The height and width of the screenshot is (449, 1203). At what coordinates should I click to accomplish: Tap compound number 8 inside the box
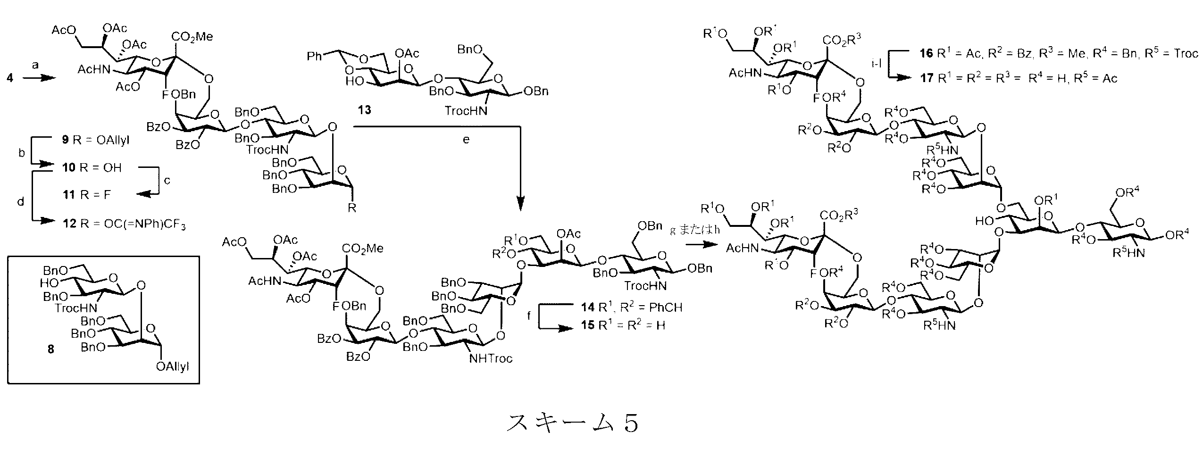[50, 349]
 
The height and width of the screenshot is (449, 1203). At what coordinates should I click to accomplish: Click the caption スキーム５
[572, 423]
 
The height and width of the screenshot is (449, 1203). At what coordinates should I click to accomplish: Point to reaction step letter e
[466, 140]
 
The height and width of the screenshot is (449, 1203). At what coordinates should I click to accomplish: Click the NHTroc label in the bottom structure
[491, 359]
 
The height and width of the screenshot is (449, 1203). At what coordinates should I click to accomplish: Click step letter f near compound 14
[528, 315]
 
